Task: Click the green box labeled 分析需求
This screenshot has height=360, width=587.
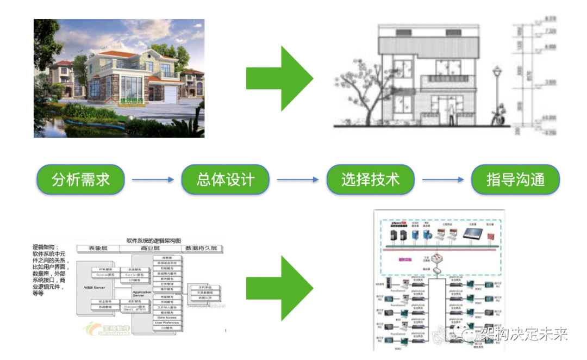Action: pos(81,179)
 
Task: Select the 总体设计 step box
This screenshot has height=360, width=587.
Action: pos(226,179)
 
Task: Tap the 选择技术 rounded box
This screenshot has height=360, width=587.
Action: pos(370,179)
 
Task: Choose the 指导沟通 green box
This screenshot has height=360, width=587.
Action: pos(515,179)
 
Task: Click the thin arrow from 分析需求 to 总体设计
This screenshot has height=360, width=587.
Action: pos(153,180)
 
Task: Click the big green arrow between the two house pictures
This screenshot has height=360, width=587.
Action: pos(279,78)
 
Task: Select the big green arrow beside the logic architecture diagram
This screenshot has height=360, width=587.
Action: pos(279,288)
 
